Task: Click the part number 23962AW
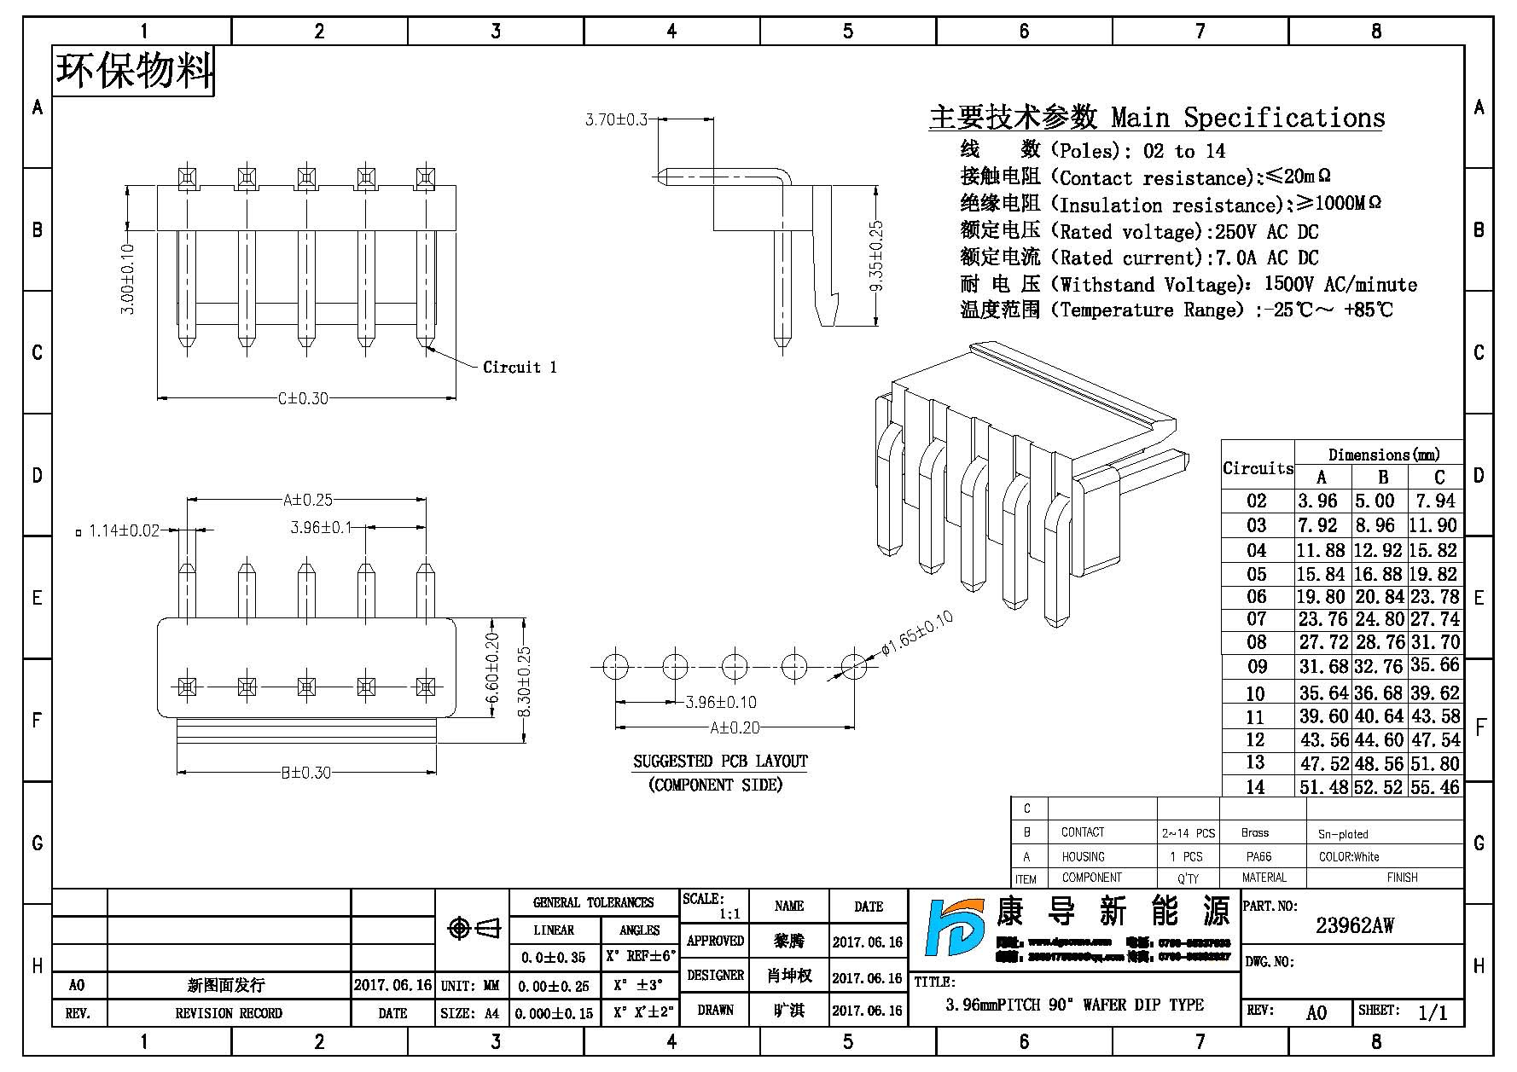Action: point(1354,926)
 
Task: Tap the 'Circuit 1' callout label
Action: point(520,368)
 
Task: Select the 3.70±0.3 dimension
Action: point(616,120)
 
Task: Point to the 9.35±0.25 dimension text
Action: point(876,256)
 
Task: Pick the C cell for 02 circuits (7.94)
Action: point(1437,501)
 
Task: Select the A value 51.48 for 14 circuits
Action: point(1323,787)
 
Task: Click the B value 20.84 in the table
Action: point(1379,598)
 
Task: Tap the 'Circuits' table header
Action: point(1258,468)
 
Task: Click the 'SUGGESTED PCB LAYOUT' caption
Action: point(720,762)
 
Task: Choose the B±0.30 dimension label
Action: point(305,774)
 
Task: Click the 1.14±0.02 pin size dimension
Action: point(125,530)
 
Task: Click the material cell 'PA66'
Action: point(1258,856)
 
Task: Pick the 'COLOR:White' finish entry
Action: point(1348,856)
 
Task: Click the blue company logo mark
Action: point(954,928)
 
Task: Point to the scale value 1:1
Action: point(729,914)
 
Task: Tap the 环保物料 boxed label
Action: point(134,70)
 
